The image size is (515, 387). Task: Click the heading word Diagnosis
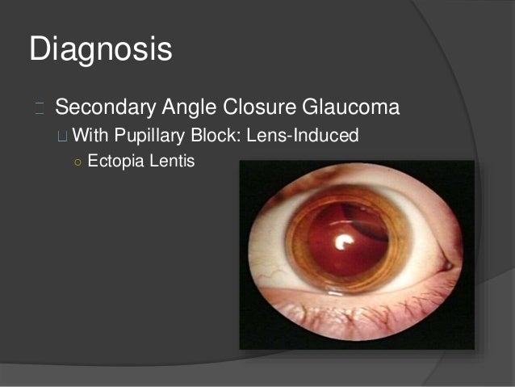coord(101,49)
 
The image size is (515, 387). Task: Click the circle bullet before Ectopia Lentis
coord(76,161)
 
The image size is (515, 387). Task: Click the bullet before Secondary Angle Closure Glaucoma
coord(40,107)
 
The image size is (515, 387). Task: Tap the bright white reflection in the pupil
coord(342,240)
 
